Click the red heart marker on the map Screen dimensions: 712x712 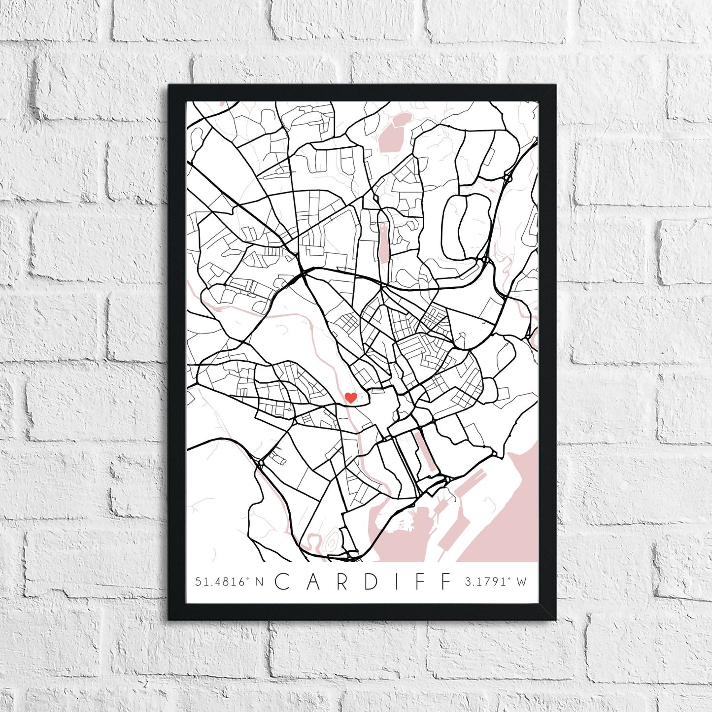click(x=350, y=397)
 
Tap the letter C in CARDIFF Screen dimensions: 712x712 click(x=282, y=581)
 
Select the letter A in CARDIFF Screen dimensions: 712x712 click(x=314, y=581)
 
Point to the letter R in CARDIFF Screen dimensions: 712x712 click(x=343, y=581)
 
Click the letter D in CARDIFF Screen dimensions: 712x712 click(x=372, y=581)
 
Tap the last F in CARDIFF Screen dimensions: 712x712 click(x=446, y=581)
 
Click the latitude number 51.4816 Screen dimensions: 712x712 click(x=220, y=582)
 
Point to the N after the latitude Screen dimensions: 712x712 click(x=259, y=582)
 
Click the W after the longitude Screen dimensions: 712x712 click(x=521, y=582)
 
